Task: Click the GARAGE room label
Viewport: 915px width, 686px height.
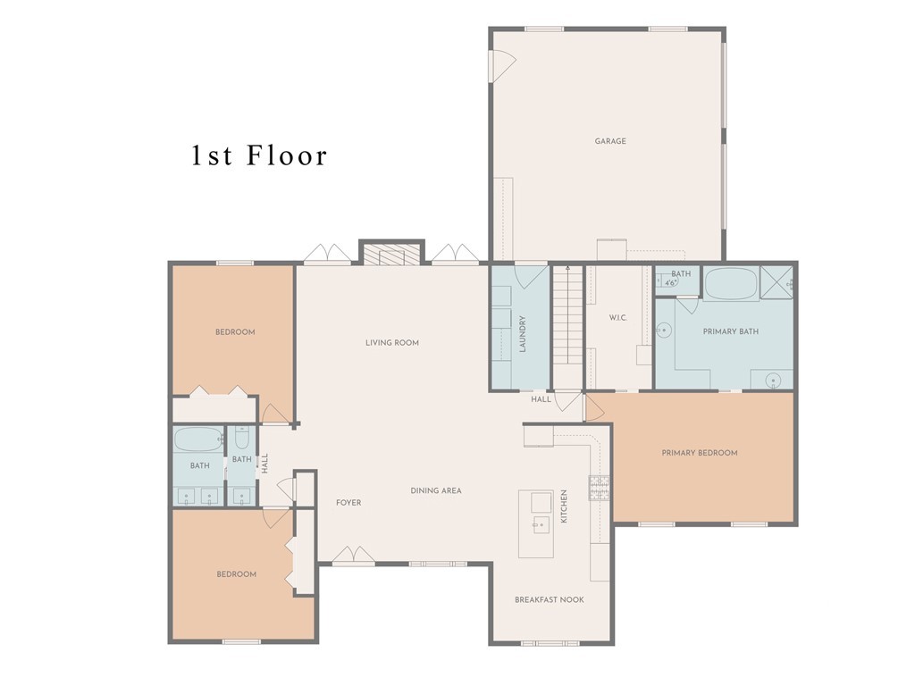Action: (609, 141)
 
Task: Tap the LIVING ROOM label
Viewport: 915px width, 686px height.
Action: (392, 343)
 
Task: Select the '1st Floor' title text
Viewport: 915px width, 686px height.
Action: (260, 155)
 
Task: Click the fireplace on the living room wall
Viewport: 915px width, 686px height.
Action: (391, 255)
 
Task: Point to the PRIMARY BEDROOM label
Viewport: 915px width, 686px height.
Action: (699, 453)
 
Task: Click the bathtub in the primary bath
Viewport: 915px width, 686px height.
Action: (731, 284)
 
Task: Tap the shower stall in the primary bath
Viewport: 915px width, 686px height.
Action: (776, 283)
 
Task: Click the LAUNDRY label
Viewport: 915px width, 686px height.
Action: (522, 334)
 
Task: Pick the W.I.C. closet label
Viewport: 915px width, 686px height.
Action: (618, 318)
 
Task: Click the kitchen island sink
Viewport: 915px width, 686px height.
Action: (541, 524)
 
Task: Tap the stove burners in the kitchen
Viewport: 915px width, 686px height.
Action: (599, 488)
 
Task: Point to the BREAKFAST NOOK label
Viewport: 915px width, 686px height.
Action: (550, 599)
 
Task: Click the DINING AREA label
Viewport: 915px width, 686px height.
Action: (436, 490)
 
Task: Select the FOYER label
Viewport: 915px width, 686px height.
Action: (348, 503)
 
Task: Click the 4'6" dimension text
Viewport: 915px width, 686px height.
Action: (670, 283)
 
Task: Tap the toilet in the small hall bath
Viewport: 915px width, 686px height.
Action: (243, 437)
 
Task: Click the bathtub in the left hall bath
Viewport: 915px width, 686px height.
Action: (199, 439)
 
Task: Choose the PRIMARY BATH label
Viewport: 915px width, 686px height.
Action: (731, 331)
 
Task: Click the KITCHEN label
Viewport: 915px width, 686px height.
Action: (564, 506)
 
